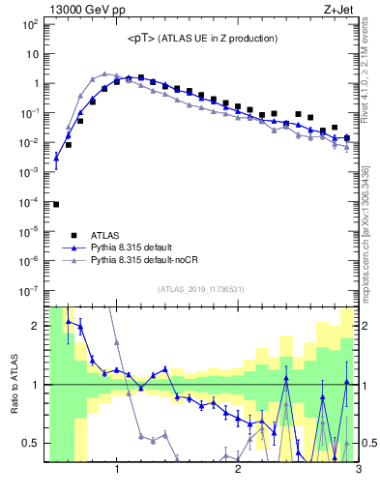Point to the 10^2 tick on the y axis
pos(29,24)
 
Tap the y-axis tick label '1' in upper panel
pos(36,83)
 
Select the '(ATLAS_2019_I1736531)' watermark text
pos(202,288)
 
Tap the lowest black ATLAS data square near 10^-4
pos(56,204)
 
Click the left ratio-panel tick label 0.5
pos(31,443)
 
